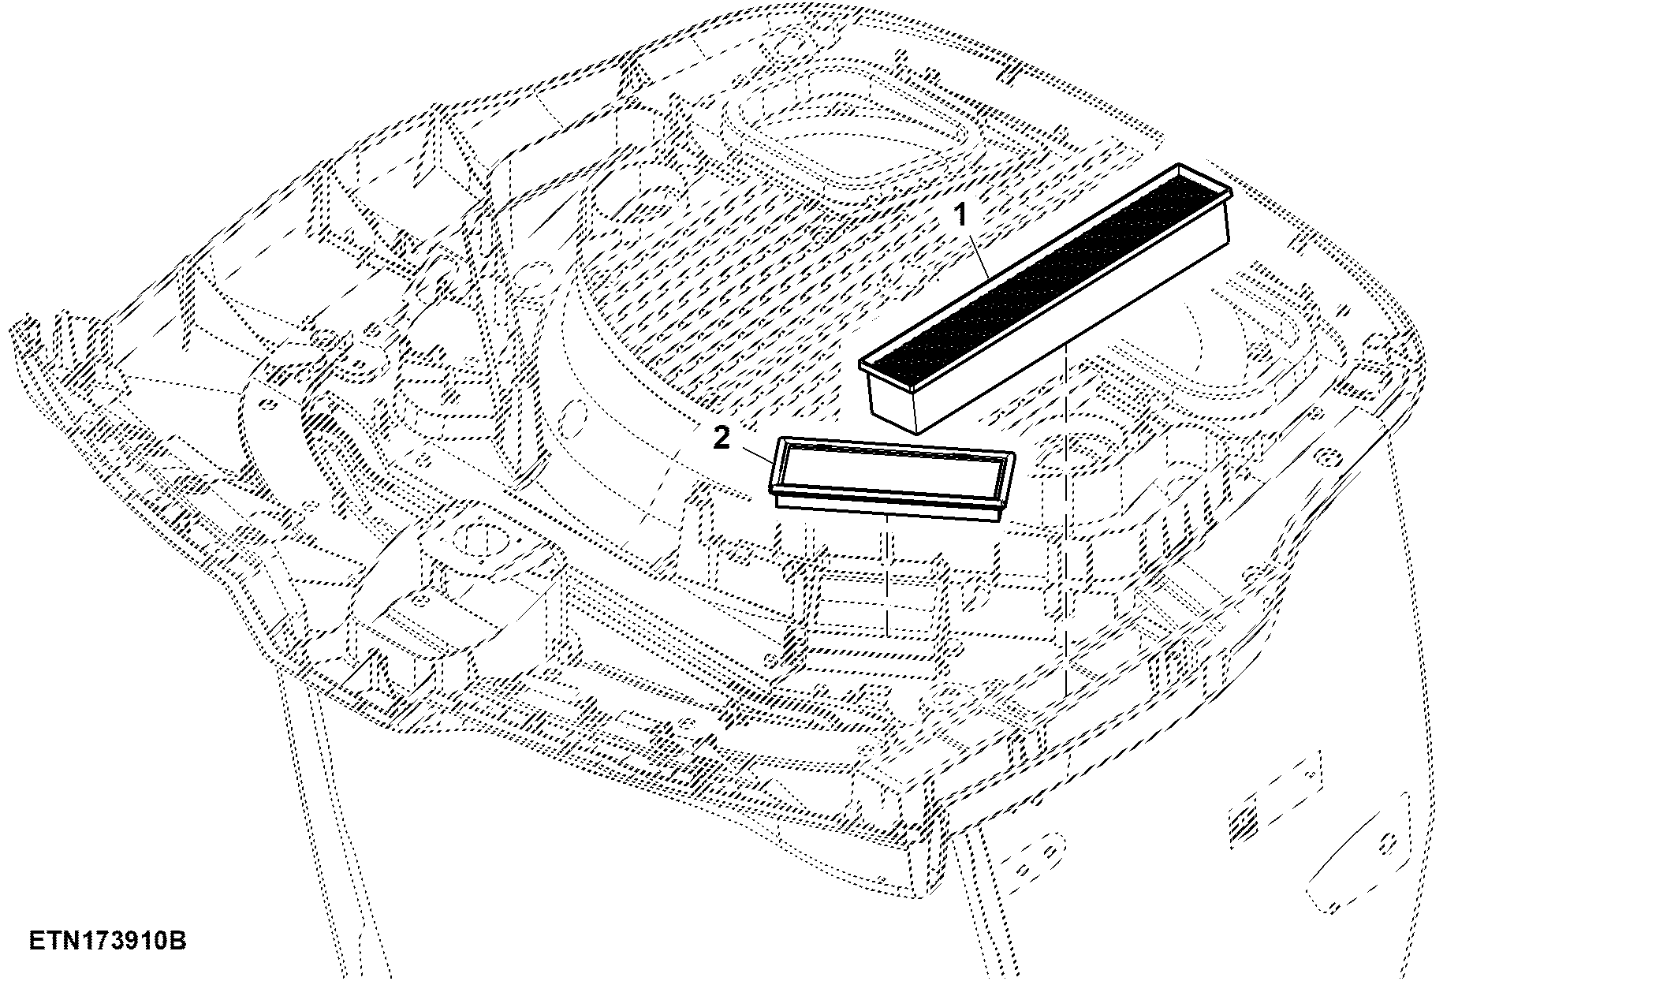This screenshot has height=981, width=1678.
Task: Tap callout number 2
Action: [x=722, y=438]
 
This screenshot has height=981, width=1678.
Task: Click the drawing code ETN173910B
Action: [x=108, y=942]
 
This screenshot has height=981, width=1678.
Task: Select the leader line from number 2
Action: [x=754, y=455]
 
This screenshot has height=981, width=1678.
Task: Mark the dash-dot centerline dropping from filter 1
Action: [x=1065, y=520]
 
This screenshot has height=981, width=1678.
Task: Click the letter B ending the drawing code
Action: [x=179, y=942]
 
